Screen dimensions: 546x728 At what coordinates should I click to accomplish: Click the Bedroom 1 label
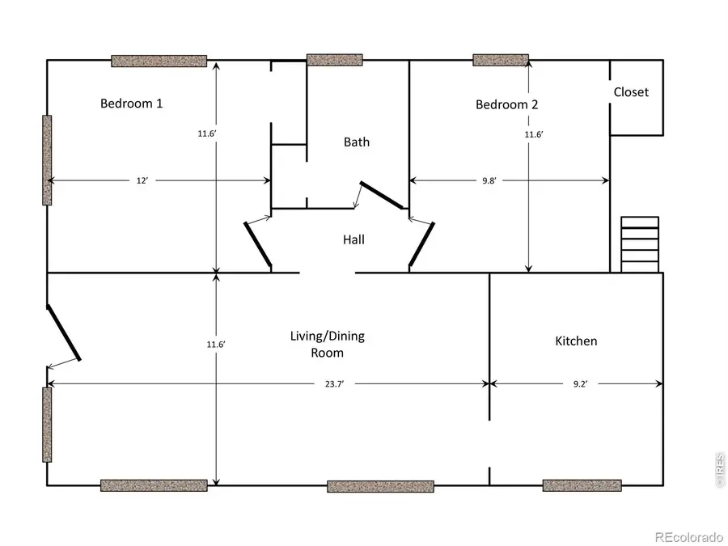tap(132, 104)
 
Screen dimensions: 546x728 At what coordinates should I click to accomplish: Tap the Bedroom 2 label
tap(506, 104)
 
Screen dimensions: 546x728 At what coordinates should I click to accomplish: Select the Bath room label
tap(357, 142)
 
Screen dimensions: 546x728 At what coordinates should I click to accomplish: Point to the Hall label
tap(353, 239)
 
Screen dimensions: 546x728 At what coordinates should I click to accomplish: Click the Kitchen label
tap(576, 341)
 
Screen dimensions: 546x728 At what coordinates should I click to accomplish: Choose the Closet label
tap(631, 92)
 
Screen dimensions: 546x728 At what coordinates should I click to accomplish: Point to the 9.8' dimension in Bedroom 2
tap(489, 181)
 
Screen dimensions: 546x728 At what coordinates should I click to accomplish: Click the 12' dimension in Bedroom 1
tap(142, 181)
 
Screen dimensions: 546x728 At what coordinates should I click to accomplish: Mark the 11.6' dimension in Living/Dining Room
tap(216, 345)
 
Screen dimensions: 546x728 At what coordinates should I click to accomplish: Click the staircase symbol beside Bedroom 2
tap(639, 244)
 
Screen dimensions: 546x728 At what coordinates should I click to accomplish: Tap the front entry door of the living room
tap(64, 332)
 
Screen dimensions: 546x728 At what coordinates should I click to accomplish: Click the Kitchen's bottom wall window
tap(582, 485)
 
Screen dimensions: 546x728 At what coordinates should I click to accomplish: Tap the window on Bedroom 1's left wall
tap(47, 160)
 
